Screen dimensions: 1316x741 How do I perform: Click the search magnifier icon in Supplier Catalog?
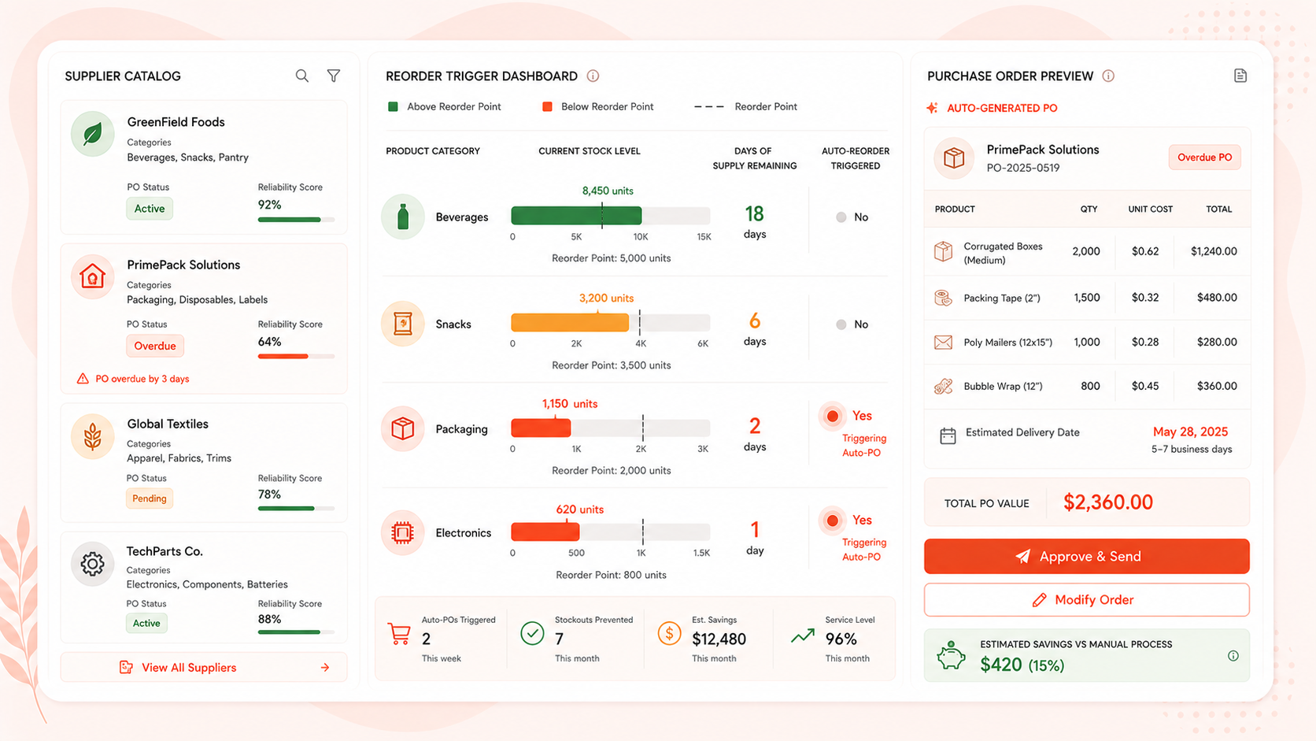click(x=302, y=76)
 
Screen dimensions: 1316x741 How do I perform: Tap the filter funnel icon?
click(x=334, y=76)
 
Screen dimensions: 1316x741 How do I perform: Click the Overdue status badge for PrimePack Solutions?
click(x=155, y=346)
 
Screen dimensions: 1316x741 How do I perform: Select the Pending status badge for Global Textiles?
click(x=150, y=498)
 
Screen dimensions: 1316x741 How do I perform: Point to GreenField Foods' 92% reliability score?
click(x=270, y=205)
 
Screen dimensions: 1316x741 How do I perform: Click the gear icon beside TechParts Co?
click(x=92, y=564)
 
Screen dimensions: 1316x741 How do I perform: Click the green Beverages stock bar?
click(x=576, y=216)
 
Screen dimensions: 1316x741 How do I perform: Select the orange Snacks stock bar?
click(x=570, y=323)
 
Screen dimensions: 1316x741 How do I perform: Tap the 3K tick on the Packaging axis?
click(x=703, y=449)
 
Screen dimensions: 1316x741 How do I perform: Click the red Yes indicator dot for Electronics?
click(x=833, y=521)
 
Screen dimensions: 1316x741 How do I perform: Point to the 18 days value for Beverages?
click(x=754, y=221)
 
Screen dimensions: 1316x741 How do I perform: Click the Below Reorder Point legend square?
click(x=547, y=106)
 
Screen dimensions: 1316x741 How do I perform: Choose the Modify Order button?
click(x=1087, y=600)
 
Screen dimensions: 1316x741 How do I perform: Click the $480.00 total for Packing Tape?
click(x=1217, y=298)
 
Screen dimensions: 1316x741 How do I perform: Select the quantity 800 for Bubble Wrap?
click(x=1090, y=386)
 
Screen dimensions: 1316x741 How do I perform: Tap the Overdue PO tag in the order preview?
click(x=1204, y=157)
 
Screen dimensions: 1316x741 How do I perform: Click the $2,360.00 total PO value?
click(x=1108, y=502)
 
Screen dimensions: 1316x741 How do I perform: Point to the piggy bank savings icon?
click(x=951, y=655)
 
